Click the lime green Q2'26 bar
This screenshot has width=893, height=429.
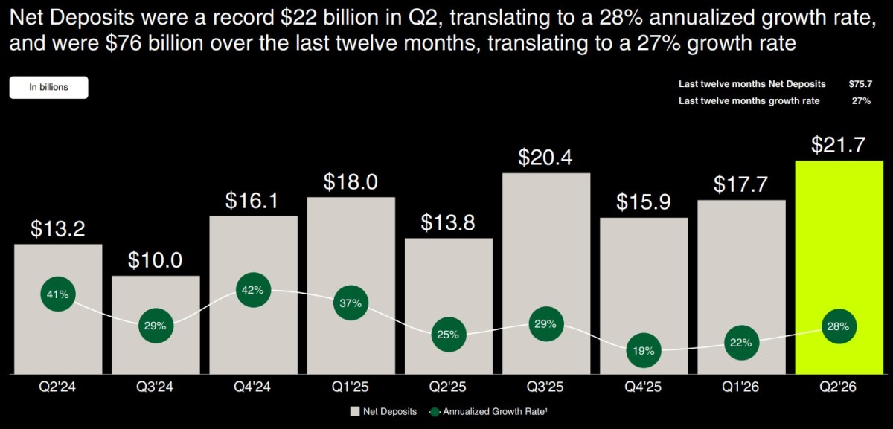coord(839,267)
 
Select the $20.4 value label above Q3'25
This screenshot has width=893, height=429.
coord(545,158)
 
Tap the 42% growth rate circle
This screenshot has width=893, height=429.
coord(253,290)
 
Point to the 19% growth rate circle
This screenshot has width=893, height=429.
coord(644,350)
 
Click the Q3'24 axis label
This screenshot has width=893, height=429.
coord(155,387)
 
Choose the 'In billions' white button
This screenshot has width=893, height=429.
coord(48,87)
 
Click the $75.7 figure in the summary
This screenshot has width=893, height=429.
coord(860,84)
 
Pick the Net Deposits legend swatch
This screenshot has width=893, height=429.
coord(355,411)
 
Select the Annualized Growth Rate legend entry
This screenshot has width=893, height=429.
coord(488,411)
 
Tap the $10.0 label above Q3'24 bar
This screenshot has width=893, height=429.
coord(155,260)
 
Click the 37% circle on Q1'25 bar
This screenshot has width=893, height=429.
coord(351,303)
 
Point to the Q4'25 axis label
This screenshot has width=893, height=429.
coord(643,387)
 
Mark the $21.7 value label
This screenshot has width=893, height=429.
coord(839,145)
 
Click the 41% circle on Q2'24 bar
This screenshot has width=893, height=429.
coord(58,294)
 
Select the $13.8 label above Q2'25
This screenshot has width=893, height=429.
coord(448,222)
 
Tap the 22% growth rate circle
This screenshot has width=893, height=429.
coord(741,343)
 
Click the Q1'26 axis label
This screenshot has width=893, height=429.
coord(740,387)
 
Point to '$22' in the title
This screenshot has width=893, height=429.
coord(298,18)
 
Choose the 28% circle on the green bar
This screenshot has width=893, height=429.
coord(839,326)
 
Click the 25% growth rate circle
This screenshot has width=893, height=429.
coord(449,335)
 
